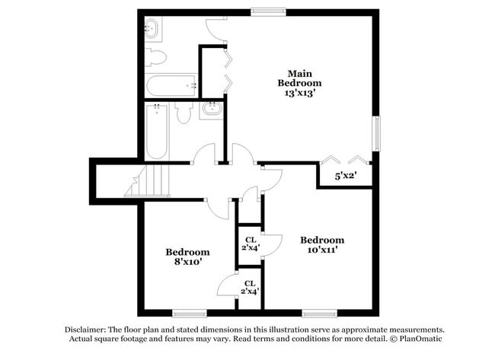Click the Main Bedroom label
(299, 77)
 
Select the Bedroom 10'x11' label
(321, 244)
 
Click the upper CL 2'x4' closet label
(250, 242)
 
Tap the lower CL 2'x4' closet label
(250, 287)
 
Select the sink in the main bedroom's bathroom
(151, 30)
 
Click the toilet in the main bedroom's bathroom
(156, 56)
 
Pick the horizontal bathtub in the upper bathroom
(171, 85)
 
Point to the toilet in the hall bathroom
(183, 113)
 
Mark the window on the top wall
(269, 11)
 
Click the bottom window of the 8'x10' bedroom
(190, 312)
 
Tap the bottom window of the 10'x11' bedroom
(320, 312)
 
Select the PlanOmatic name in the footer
(423, 339)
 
